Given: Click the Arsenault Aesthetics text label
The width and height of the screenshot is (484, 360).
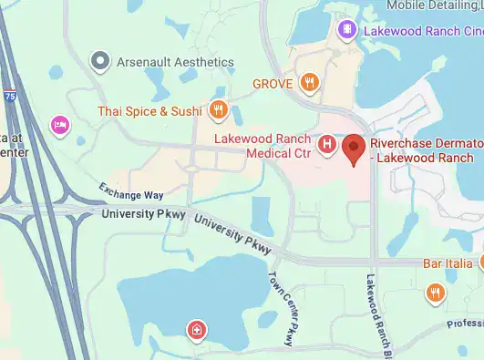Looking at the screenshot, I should click(175, 62).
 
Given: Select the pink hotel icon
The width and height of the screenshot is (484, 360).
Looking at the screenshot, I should click(60, 125).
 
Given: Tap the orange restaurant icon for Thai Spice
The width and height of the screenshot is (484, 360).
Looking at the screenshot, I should click(218, 111).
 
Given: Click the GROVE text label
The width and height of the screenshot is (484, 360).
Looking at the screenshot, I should click(273, 84).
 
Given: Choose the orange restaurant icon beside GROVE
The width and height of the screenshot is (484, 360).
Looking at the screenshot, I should click(311, 84).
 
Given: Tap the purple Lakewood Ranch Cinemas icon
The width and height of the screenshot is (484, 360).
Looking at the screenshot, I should click(347, 31).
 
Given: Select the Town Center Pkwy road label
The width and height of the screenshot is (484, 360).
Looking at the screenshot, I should click(282, 309).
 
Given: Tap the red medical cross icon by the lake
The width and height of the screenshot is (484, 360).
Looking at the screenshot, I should click(195, 329).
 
